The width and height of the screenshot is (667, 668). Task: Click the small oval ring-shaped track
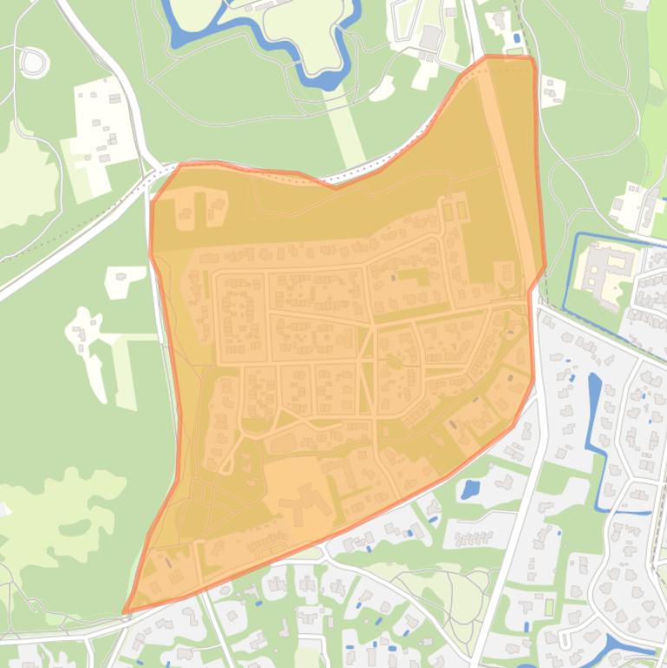[x=33, y=62]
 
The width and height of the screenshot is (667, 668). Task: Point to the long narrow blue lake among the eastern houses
[x=596, y=408]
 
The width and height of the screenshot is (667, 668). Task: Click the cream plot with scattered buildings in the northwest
[x=100, y=130]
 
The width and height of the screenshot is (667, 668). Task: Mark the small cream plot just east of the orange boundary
[x=552, y=89]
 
